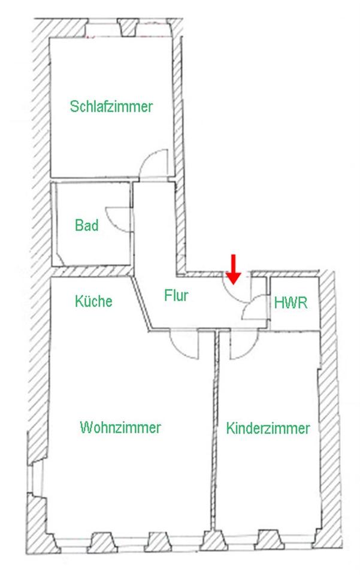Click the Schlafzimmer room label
pyautogui.click(x=111, y=107)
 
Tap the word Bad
pyautogui.click(x=87, y=226)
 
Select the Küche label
pyautogui.click(x=93, y=301)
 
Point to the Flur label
pyautogui.click(x=176, y=295)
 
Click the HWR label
pyautogui.click(x=291, y=302)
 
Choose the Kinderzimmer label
pyautogui.click(x=268, y=429)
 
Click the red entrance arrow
pyautogui.click(x=234, y=268)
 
